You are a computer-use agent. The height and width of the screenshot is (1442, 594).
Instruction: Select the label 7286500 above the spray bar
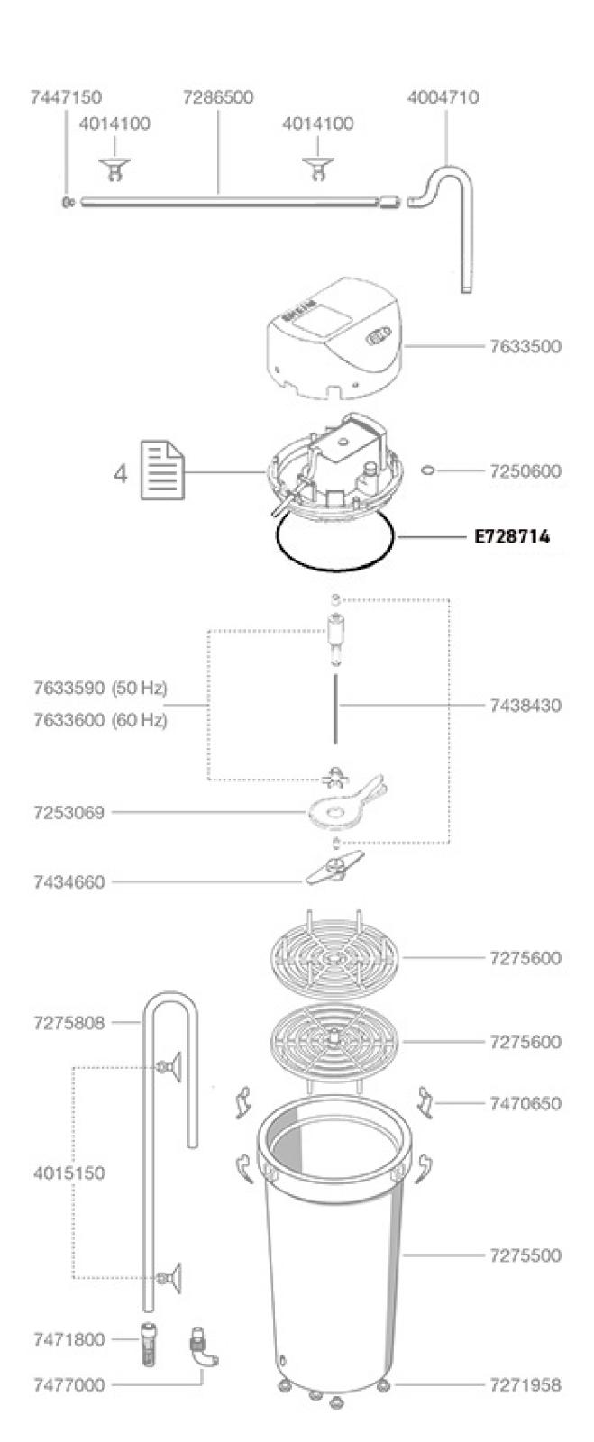[x=218, y=97]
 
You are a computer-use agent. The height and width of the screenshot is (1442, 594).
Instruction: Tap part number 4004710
[x=443, y=97]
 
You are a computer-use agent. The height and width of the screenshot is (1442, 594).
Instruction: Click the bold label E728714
[x=512, y=536]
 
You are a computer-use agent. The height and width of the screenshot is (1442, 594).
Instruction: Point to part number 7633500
[x=525, y=346]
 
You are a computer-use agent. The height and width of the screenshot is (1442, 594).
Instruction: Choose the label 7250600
[x=525, y=470]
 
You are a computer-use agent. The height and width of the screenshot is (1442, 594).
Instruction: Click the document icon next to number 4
[x=163, y=470]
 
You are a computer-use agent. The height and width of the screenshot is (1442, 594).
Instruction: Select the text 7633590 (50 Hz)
[x=99, y=689]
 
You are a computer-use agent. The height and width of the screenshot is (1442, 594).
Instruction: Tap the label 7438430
[x=525, y=705]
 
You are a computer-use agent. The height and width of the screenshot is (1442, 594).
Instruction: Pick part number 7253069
[x=69, y=813]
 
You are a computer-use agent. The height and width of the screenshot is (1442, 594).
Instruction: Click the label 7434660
[x=69, y=882]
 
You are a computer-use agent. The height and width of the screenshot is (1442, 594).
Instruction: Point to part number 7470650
[x=525, y=1103]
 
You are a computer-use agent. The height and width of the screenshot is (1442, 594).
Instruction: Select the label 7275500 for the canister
[x=525, y=1255]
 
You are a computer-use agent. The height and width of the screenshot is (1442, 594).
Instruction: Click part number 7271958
[x=525, y=1384]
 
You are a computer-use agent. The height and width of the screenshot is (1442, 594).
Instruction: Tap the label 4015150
[x=69, y=1173]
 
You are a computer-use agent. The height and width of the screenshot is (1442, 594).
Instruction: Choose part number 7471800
[x=69, y=1340]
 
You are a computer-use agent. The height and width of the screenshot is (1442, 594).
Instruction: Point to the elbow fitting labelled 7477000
[x=202, y=1347]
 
